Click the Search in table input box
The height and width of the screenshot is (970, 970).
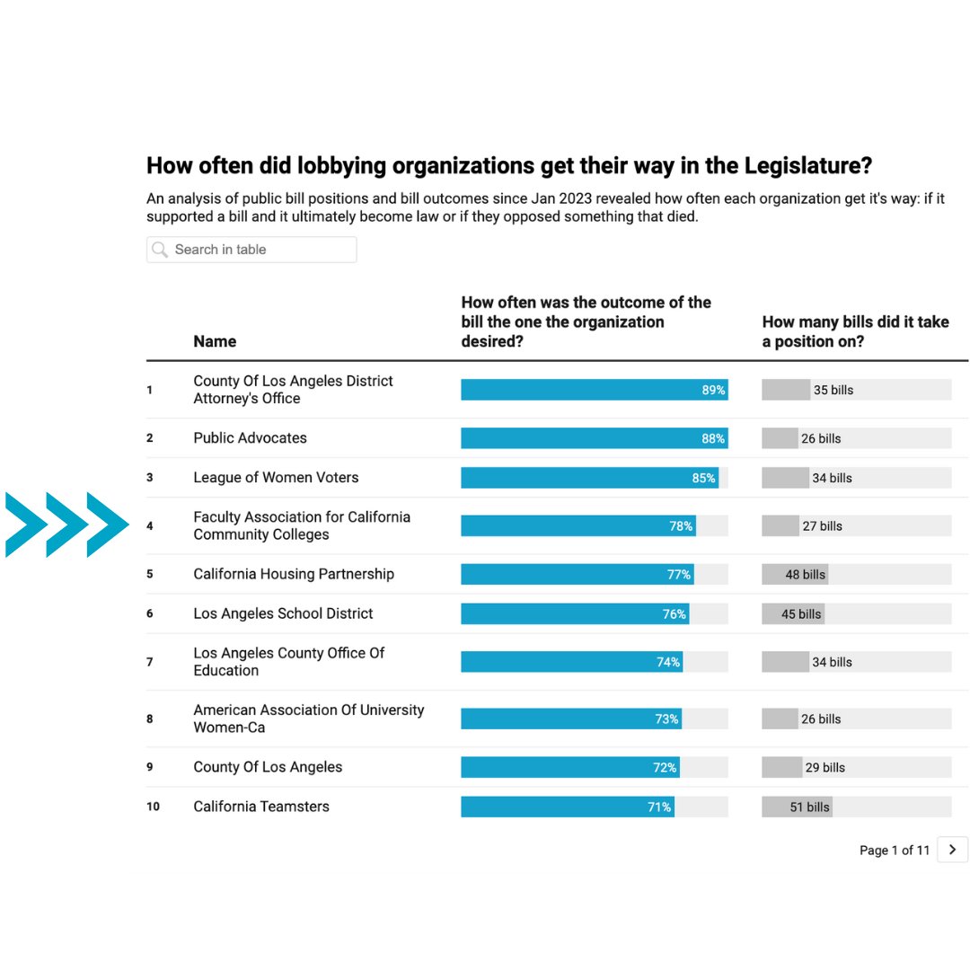pyautogui.click(x=251, y=250)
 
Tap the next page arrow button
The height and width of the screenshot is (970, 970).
pyautogui.click(x=952, y=850)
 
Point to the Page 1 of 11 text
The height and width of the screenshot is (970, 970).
pyautogui.click(x=894, y=851)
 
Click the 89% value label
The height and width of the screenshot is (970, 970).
pyautogui.click(x=713, y=390)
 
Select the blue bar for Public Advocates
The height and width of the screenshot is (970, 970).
pyautogui.click(x=594, y=438)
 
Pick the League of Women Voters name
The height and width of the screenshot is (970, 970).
pyautogui.click(x=276, y=478)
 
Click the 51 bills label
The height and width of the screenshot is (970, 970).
pyautogui.click(x=809, y=807)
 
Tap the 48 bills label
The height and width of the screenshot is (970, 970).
pyautogui.click(x=805, y=575)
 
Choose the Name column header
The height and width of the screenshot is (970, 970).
pyautogui.click(x=215, y=341)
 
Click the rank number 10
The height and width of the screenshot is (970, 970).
pyautogui.click(x=153, y=807)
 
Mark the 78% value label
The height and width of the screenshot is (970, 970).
pyautogui.click(x=681, y=526)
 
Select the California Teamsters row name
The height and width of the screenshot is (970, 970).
pyautogui.click(x=261, y=807)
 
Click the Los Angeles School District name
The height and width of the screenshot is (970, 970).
pyautogui.click(x=283, y=613)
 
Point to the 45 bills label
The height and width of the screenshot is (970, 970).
pyautogui.click(x=801, y=614)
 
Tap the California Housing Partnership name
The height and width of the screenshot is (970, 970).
pyautogui.click(x=294, y=574)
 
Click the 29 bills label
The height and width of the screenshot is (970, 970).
pyautogui.click(x=824, y=768)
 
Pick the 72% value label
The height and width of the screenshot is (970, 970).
pyautogui.click(x=665, y=768)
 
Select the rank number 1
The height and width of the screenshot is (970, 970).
pyautogui.click(x=150, y=390)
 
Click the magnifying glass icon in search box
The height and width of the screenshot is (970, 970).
pyautogui.click(x=160, y=250)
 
